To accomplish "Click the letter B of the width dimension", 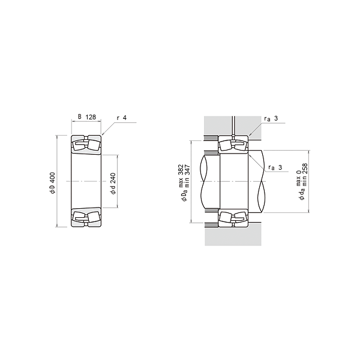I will (79, 118).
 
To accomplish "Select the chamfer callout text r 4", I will (121, 118).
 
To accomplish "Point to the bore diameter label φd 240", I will (113, 182).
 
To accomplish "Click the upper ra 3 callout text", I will (271, 118).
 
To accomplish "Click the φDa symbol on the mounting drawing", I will (184, 194).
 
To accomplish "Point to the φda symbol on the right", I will (302, 193).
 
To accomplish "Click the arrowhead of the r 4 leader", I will (103, 136).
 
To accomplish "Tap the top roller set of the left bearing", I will (86, 145).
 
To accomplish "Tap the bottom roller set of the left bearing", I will (86, 217).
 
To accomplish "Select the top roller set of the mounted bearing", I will (233, 145).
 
